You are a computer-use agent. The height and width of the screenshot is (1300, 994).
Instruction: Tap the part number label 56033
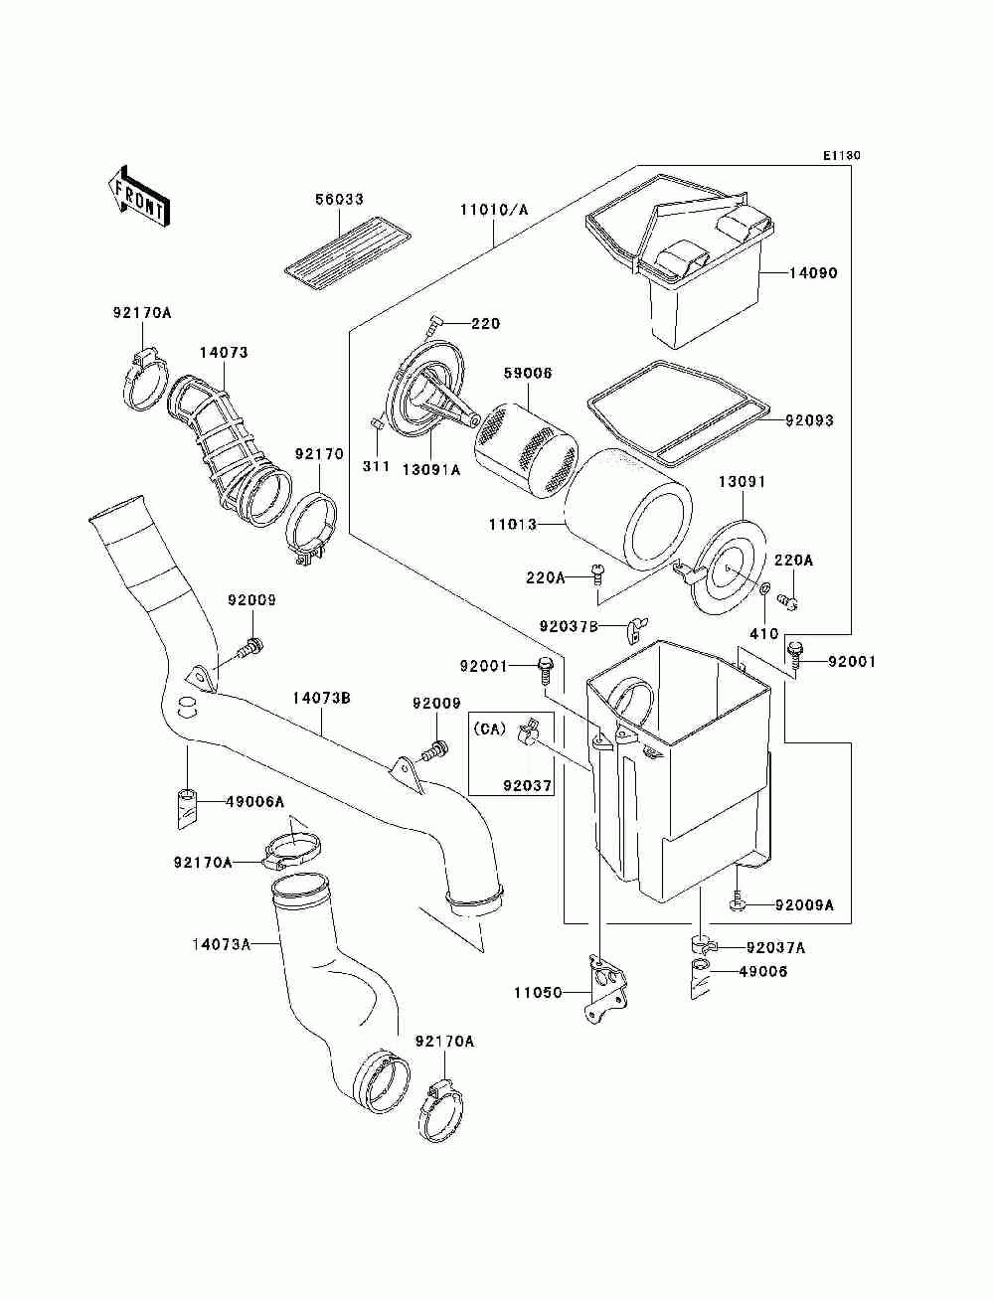[339, 199]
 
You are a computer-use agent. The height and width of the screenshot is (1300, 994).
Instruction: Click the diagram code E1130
[841, 156]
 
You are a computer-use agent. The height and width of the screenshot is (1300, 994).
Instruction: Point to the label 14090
[813, 273]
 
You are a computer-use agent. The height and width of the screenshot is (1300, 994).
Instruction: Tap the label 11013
[513, 524]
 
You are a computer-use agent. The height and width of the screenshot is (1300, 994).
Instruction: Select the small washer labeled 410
[764, 589]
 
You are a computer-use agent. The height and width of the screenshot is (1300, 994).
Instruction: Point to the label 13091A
[431, 469]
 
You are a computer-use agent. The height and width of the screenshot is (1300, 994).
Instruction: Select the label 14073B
[322, 699]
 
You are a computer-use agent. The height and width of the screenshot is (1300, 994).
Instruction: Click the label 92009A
[804, 905]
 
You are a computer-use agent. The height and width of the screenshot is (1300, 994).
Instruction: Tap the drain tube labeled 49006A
[189, 808]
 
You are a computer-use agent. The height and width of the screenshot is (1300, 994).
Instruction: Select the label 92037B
[569, 626]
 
